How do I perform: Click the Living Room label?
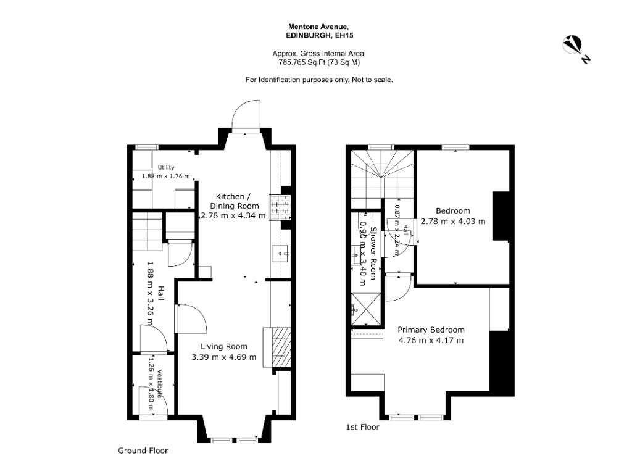223,346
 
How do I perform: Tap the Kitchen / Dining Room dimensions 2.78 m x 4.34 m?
233,215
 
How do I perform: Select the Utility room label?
166,168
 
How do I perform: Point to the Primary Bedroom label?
431,330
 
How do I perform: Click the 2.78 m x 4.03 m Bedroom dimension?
453,222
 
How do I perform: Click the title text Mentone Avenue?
316,27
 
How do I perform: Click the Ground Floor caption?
143,451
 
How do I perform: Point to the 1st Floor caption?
363,427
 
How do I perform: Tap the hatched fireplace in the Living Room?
281,347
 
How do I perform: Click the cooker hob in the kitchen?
280,207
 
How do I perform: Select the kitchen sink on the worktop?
281,254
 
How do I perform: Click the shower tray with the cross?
366,309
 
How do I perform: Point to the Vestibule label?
161,384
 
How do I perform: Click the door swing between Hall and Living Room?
191,318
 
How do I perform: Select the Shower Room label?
373,254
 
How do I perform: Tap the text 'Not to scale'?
372,80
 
